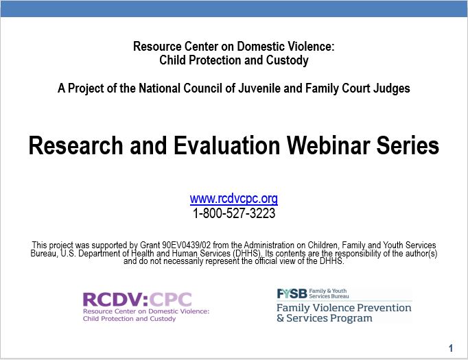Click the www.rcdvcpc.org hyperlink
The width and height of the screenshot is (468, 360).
234,199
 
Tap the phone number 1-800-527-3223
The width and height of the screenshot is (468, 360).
234,213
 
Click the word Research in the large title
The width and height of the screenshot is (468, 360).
75,145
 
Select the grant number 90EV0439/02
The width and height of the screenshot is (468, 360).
186,245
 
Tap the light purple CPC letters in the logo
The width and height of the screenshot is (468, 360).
171,300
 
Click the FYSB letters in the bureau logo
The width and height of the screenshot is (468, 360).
292,293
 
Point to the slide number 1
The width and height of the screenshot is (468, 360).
451,348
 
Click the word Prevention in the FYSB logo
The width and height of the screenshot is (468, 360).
384,307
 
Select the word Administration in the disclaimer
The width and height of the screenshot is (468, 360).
270,245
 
